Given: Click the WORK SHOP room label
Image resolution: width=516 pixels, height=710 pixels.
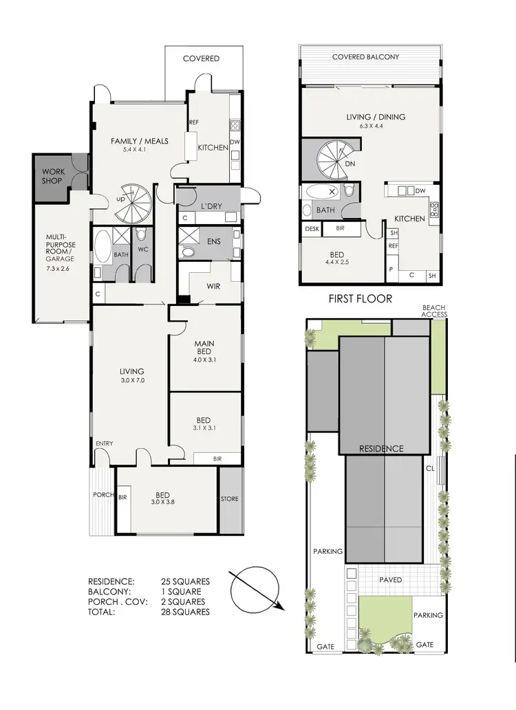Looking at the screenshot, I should [x=52, y=176].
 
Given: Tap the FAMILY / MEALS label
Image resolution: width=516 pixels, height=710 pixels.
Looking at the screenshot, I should [x=140, y=142].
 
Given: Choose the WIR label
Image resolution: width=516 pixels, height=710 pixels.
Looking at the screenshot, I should [x=213, y=286].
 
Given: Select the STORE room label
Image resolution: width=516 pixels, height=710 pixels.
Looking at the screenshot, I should [x=230, y=499].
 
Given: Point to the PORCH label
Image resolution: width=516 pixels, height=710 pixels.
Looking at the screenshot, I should [x=103, y=495].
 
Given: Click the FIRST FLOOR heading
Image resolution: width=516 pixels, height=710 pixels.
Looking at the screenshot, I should [x=361, y=298].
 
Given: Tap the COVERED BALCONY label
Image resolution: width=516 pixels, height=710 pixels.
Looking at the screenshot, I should [x=365, y=57].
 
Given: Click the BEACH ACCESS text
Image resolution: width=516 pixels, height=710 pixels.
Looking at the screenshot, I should [x=435, y=311].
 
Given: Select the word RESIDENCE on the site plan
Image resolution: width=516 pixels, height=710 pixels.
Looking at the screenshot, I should [x=381, y=449].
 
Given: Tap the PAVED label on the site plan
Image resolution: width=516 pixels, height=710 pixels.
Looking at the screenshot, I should [x=391, y=579].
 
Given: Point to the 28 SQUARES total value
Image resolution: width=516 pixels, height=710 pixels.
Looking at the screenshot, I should [x=187, y=611].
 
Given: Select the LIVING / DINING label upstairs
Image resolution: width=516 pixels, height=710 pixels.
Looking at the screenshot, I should [x=375, y=117].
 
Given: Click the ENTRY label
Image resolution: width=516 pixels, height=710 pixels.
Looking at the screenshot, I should [x=105, y=443].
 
